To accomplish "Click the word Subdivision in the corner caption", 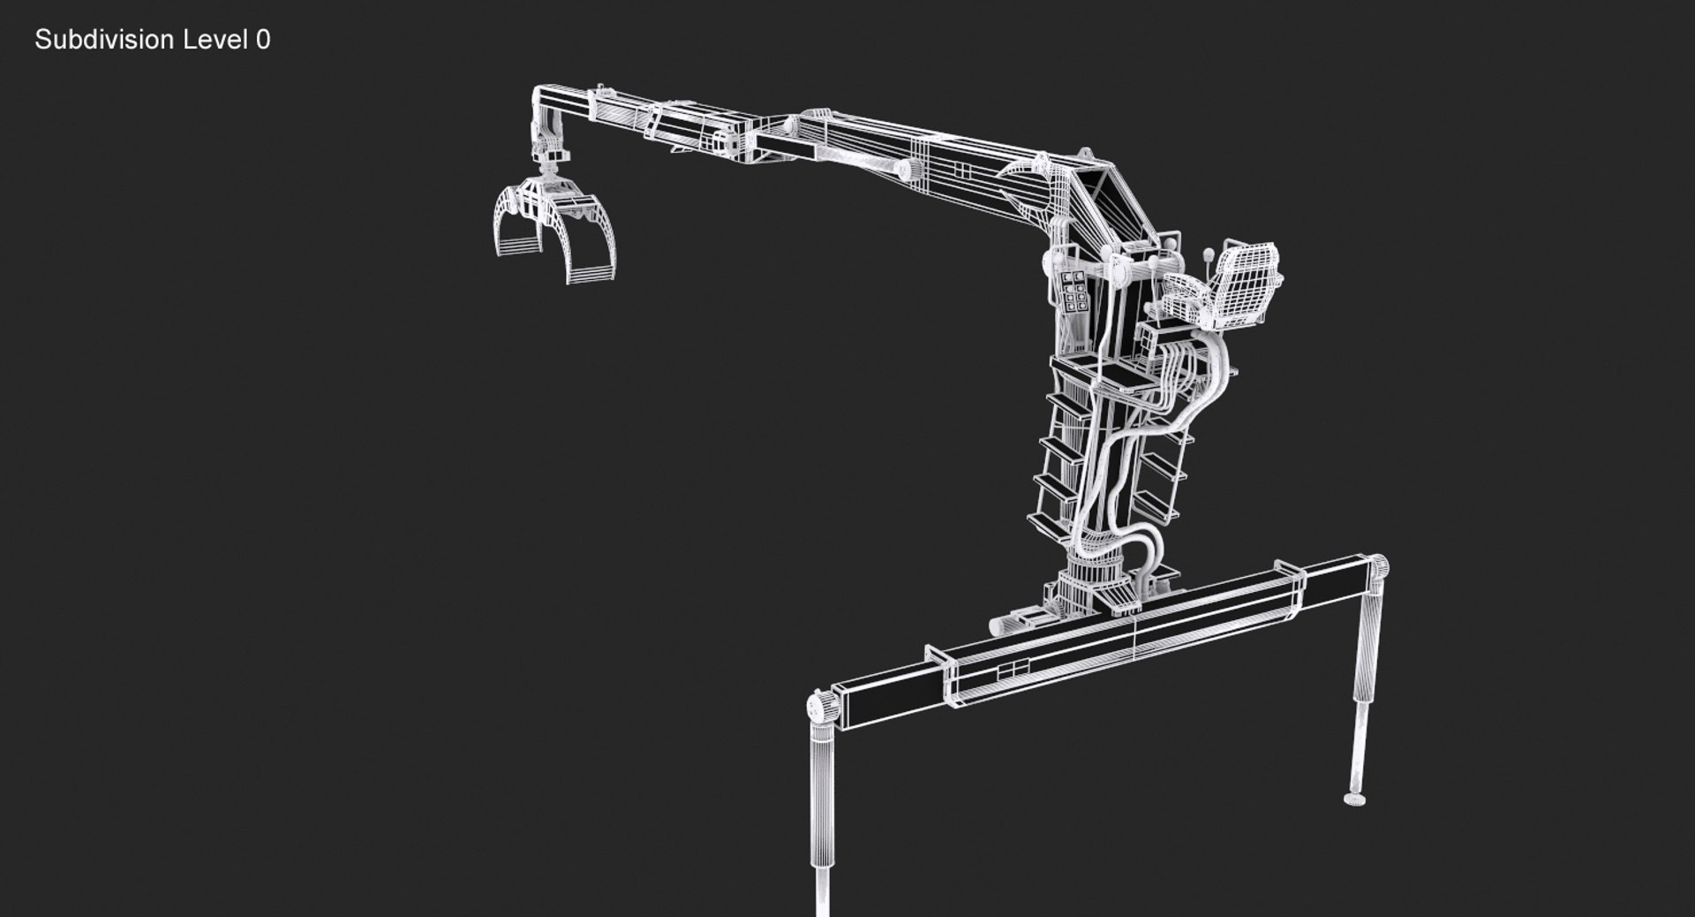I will point(104,40).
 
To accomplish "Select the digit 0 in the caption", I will point(264,40).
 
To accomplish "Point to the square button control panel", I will point(1074,292).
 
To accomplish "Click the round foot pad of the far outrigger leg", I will point(1354,799).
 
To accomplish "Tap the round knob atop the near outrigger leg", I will point(821,708).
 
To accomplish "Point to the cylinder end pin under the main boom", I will point(903,169).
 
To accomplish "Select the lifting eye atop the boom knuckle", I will point(1043,162).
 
